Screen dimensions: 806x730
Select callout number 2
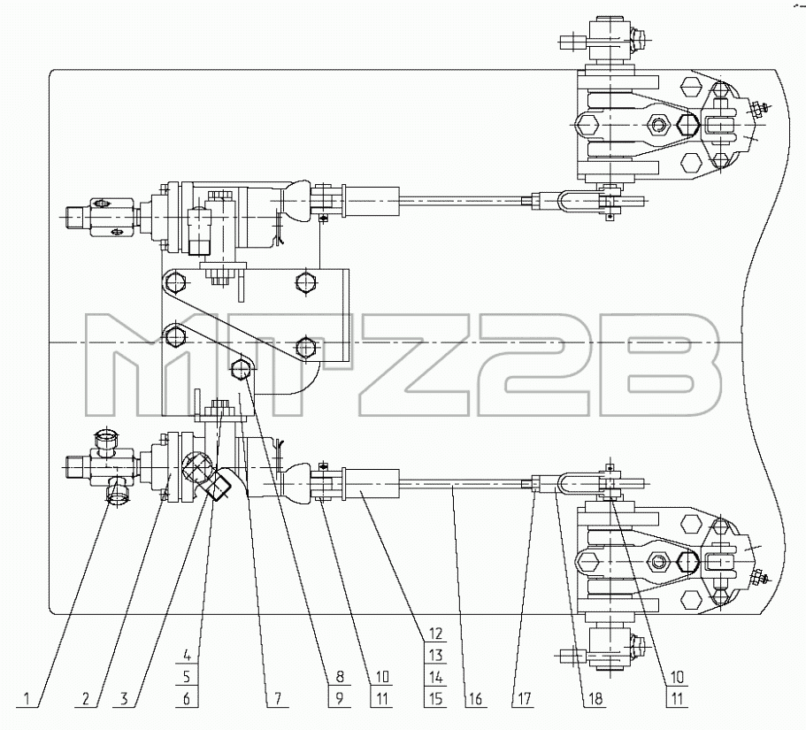(x=86, y=699)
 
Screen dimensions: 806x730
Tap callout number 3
(x=124, y=699)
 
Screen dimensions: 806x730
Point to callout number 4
(x=187, y=656)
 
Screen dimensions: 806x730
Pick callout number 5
(x=187, y=677)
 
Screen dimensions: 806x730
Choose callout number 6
(x=187, y=699)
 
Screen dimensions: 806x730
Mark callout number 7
(x=278, y=699)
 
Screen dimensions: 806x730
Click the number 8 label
(x=340, y=677)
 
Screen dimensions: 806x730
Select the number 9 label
(x=340, y=699)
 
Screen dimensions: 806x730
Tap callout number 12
(x=435, y=634)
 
